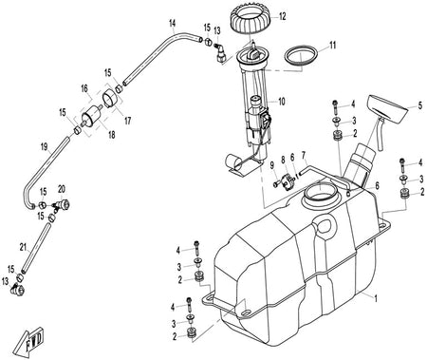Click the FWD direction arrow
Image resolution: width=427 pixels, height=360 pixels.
(x=29, y=340)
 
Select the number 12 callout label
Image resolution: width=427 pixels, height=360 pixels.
(x=282, y=16)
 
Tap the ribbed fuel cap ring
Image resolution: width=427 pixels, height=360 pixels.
(x=251, y=20)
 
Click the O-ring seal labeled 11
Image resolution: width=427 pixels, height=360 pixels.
(x=301, y=56)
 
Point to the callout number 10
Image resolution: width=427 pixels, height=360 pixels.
(x=281, y=102)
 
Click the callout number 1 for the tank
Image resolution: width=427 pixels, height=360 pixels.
(x=376, y=298)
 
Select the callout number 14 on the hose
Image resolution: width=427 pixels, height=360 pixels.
(x=173, y=23)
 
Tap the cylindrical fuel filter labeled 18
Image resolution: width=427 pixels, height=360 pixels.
(x=91, y=117)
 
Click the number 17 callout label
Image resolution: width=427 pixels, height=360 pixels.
(x=127, y=121)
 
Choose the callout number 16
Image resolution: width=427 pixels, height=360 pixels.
(x=84, y=88)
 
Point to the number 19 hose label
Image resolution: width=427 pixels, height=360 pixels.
(x=44, y=146)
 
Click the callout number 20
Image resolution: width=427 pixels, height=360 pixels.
(x=62, y=189)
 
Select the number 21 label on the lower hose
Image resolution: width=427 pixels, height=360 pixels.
(x=23, y=248)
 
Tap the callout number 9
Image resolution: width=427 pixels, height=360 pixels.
(x=271, y=165)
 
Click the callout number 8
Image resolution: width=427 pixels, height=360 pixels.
(x=283, y=161)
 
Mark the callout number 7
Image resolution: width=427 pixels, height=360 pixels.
(x=304, y=156)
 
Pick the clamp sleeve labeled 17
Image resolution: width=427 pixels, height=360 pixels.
(x=111, y=98)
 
